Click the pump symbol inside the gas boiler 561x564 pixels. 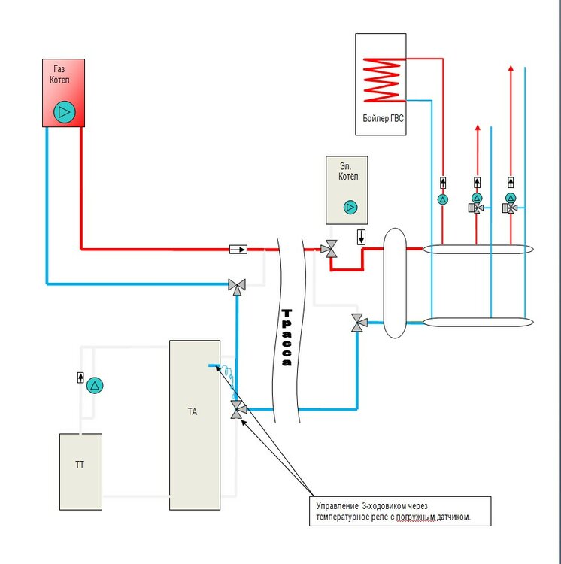64,113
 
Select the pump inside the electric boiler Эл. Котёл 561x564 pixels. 350,207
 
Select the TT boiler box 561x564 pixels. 80,471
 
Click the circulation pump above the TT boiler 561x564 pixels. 95,385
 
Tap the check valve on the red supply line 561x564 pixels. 238,248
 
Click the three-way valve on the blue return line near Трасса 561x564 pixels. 237,285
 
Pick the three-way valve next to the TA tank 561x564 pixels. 238,409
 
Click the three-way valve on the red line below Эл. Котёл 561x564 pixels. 329,249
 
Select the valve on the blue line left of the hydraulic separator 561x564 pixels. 358,324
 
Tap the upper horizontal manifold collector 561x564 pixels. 478,248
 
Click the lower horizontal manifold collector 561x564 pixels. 478,323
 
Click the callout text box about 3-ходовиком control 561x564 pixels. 399,511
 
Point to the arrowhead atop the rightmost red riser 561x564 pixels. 511,68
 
